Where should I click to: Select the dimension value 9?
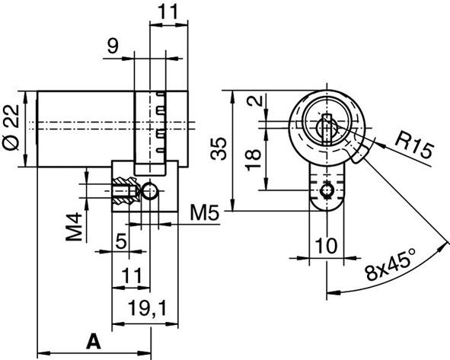point(113,47)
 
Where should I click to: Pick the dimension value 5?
point(120,243)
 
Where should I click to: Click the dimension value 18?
point(254,158)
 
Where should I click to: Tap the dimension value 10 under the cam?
point(327,247)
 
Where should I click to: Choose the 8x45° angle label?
point(394,267)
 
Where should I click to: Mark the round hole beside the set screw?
point(149,190)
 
